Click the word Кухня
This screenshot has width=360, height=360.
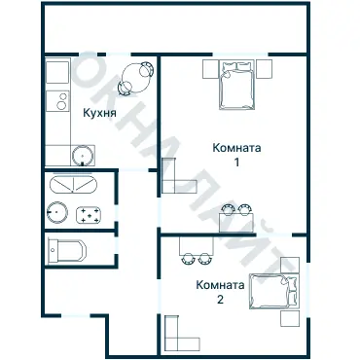click(x=99, y=113)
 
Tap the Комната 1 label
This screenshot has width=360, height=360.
click(x=235, y=148)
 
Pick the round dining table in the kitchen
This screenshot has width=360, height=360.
click(x=136, y=75)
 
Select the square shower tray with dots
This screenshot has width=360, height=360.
click(x=90, y=213)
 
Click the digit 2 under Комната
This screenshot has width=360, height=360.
click(x=220, y=300)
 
